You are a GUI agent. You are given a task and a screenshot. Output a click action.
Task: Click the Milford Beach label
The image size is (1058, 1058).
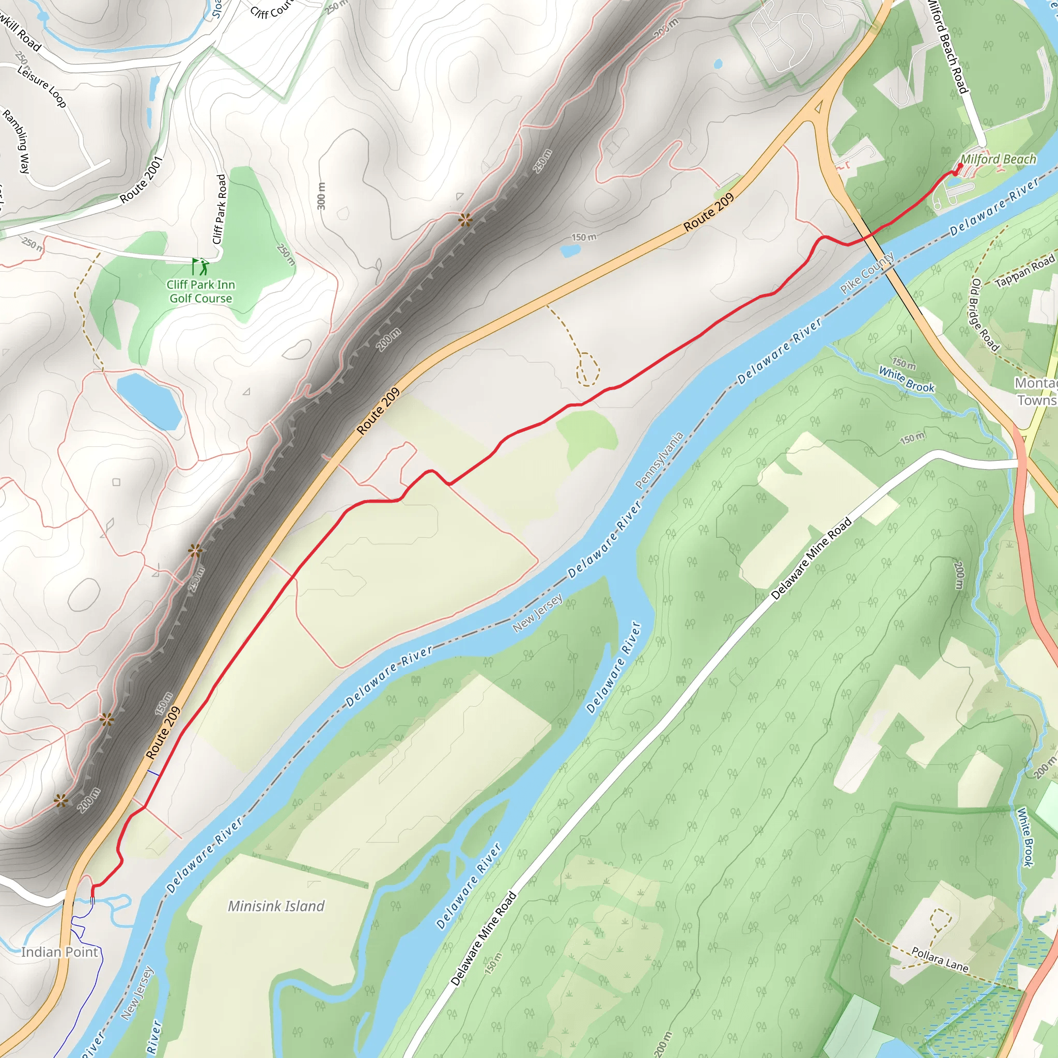click(998, 159)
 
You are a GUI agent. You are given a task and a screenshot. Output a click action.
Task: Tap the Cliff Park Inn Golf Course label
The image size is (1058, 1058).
click(201, 291)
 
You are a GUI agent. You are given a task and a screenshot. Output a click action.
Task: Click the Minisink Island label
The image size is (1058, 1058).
click(276, 906)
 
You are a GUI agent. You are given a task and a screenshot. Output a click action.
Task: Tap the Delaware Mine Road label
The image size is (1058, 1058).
click(812, 559)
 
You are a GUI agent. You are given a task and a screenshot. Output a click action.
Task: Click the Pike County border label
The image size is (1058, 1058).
click(867, 273)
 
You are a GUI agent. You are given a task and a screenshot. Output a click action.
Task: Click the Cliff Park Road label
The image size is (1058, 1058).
click(220, 209)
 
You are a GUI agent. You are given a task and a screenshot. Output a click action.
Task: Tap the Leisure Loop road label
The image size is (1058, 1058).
click(42, 86)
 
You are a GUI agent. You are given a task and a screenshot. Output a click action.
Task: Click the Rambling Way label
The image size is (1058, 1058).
click(17, 141)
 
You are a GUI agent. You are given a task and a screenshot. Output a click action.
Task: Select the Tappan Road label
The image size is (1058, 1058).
click(1024, 271)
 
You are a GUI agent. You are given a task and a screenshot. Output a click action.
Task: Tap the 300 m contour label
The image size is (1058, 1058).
click(322, 195)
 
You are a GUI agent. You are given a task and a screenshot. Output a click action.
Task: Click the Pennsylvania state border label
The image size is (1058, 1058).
click(659, 460)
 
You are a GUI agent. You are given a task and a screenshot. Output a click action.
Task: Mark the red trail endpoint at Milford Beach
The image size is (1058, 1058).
click(960, 165)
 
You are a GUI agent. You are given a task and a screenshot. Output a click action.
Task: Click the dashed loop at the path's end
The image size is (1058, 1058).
click(587, 368)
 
